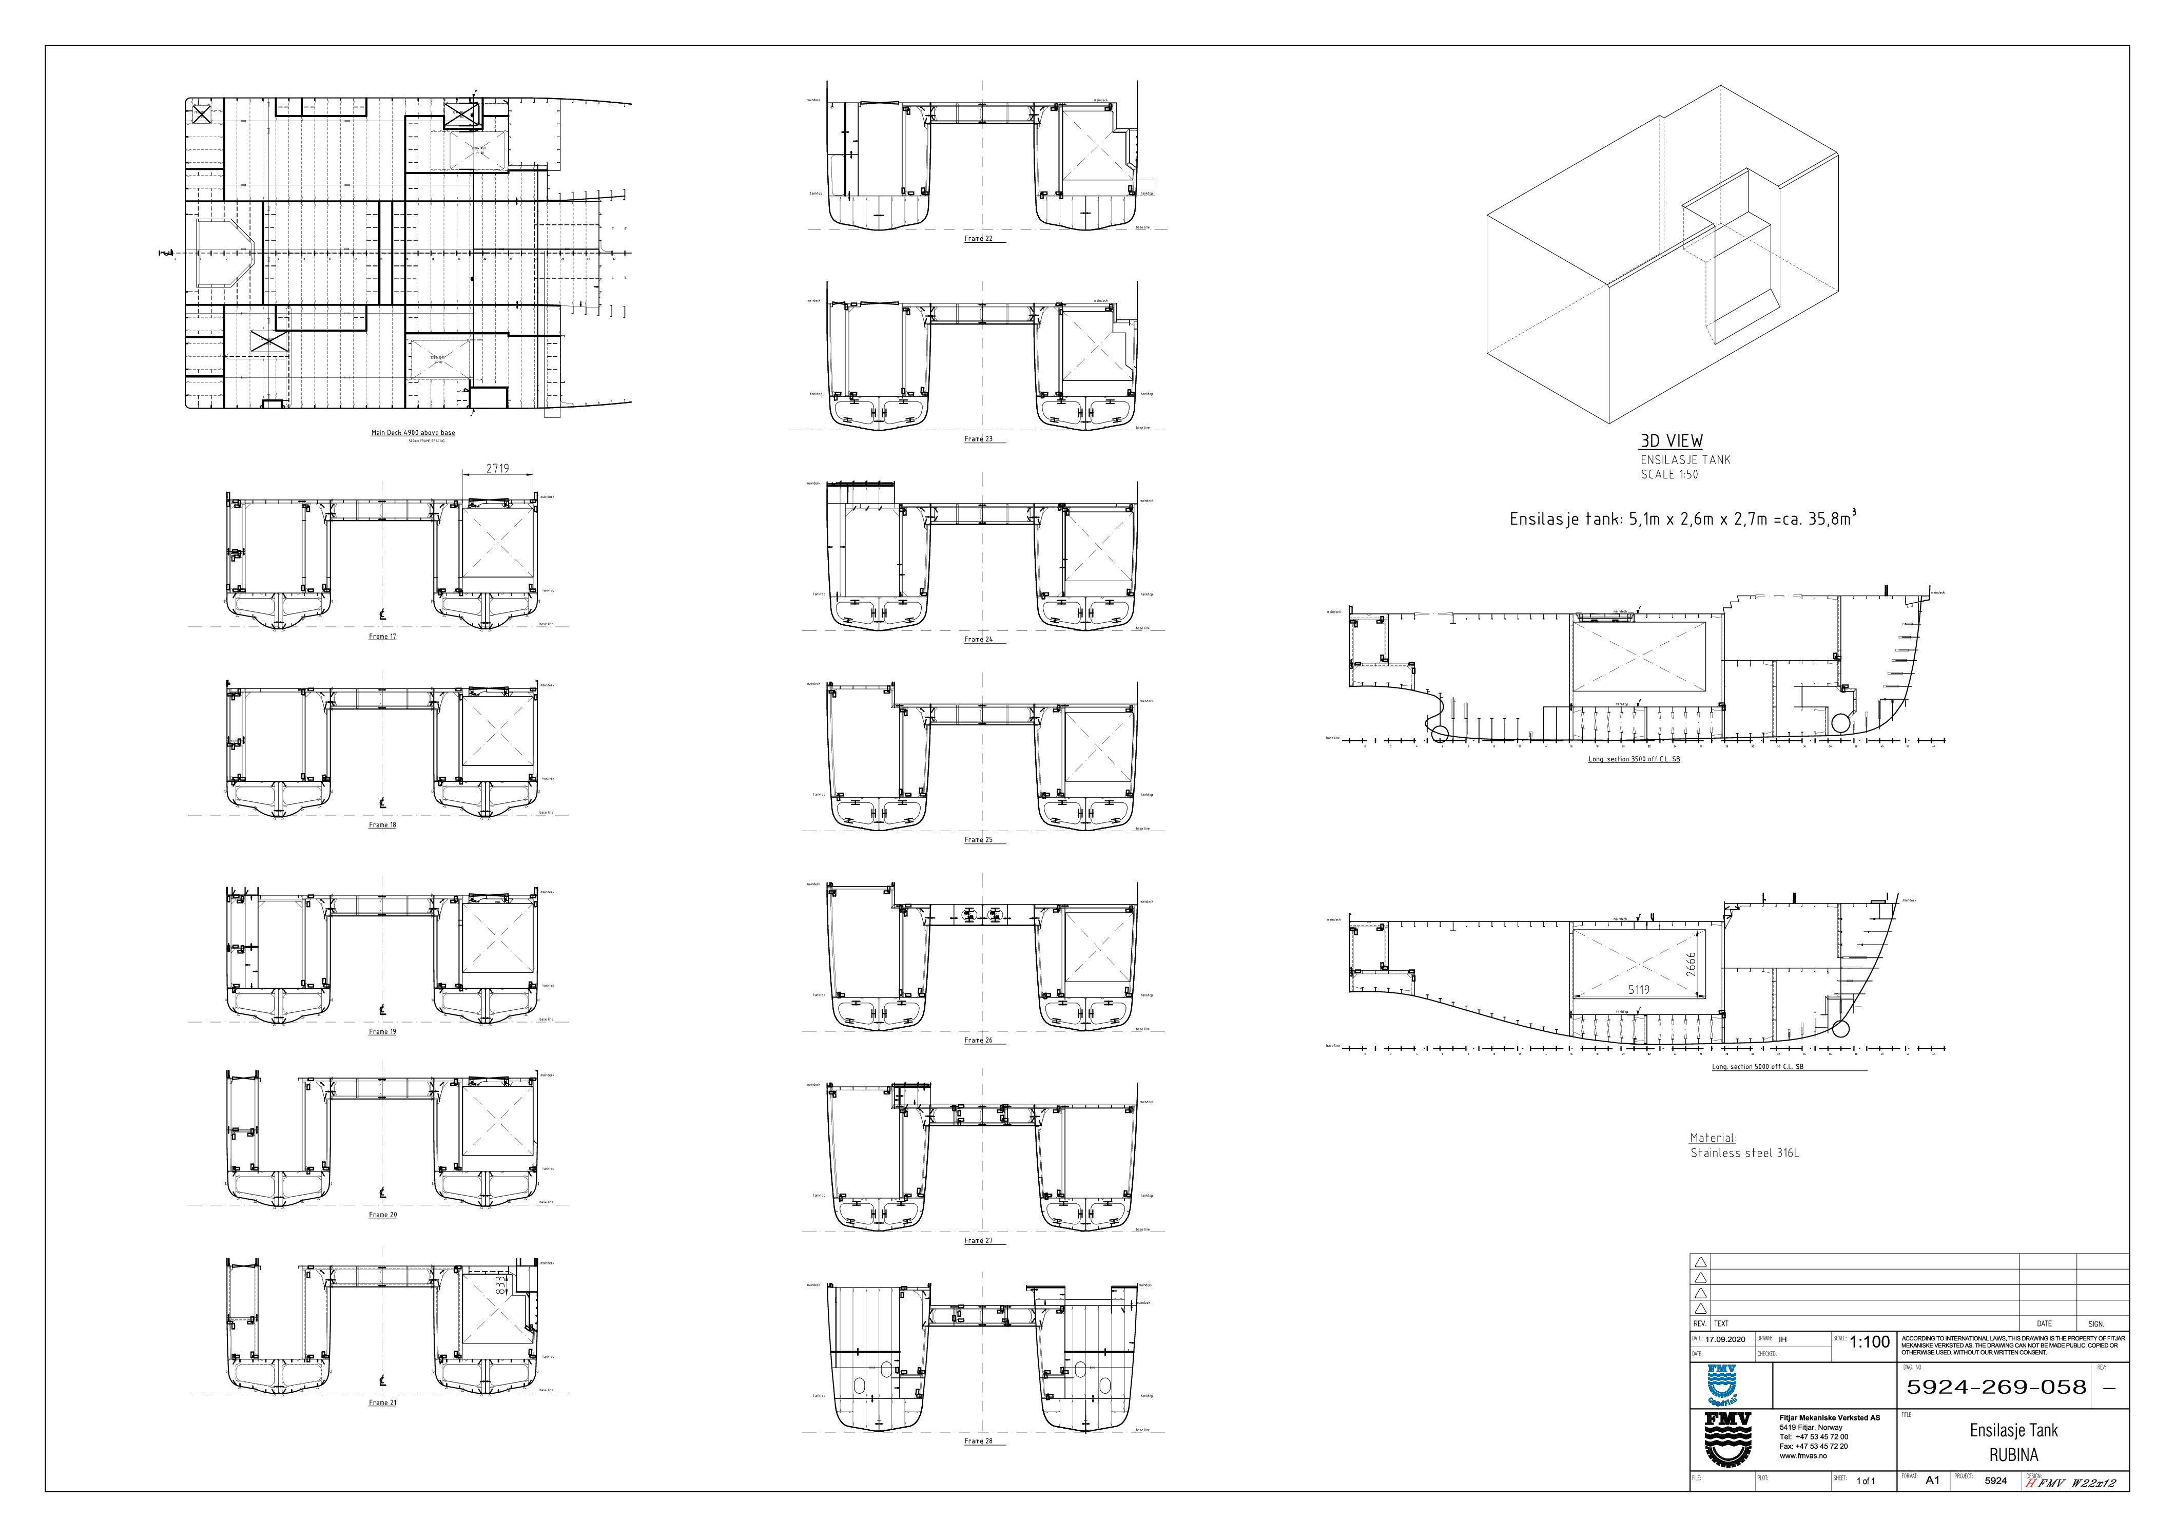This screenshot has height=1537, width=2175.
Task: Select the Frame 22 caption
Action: pyautogui.click(x=979, y=239)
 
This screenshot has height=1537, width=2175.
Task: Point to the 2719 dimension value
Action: pyautogui.click(x=497, y=468)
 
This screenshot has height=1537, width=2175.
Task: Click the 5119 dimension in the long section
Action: pyautogui.click(x=1639, y=989)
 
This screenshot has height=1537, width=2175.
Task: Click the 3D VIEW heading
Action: pyautogui.click(x=1671, y=440)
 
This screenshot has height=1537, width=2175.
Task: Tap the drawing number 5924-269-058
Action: pyautogui.click(x=1996, y=1387)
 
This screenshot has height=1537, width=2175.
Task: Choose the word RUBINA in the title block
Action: pyautogui.click(x=2014, y=1454)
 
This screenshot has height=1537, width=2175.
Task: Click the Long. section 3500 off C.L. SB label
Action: pyautogui.click(x=1634, y=760)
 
